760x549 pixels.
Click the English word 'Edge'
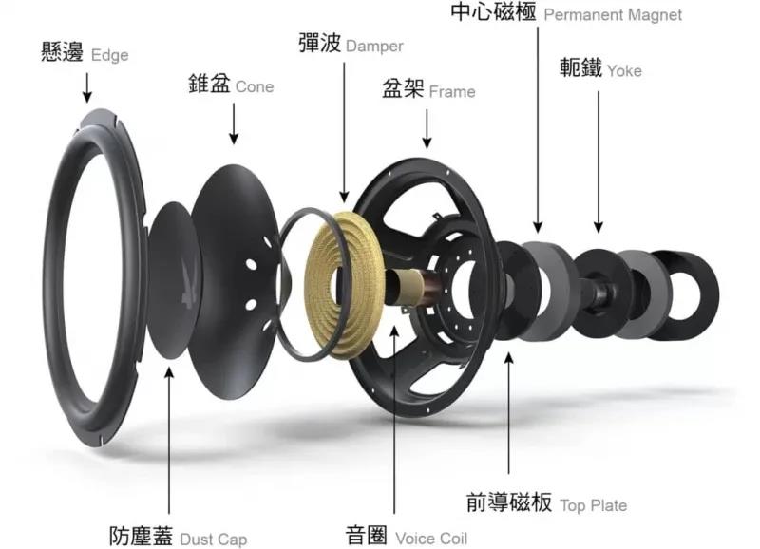click(110, 56)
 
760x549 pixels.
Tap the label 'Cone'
click(255, 86)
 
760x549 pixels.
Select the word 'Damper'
click(374, 47)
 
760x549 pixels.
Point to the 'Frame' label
click(452, 91)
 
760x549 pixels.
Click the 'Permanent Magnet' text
click(613, 15)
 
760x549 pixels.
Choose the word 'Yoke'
click(624, 71)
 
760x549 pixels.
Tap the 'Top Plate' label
click(594, 505)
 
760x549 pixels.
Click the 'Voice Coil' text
click(431, 539)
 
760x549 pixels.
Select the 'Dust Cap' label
click(213, 539)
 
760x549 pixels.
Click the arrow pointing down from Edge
click(87, 87)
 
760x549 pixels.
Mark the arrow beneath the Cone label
click(234, 123)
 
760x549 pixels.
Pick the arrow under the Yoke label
click(598, 162)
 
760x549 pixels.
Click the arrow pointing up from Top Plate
click(509, 413)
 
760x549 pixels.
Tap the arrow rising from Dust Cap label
click(169, 440)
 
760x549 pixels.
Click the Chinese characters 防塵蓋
click(141, 536)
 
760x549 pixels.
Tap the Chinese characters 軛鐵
click(580, 67)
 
